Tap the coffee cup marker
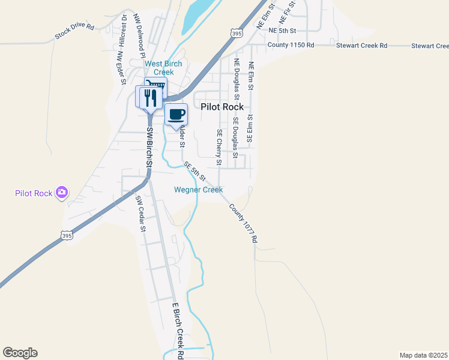(176, 115)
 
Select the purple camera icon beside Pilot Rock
(61, 193)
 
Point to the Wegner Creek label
(198, 190)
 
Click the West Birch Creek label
(163, 68)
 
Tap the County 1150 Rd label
(291, 45)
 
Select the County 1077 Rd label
(243, 223)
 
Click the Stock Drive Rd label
(74, 31)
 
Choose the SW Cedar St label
(140, 213)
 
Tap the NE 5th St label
(283, 30)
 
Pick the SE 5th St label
(194, 171)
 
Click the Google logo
(20, 353)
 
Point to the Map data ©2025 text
(423, 355)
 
